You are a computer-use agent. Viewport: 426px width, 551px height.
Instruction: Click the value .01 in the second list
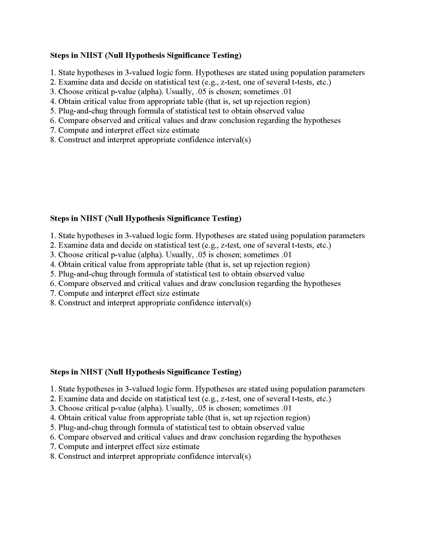(286, 255)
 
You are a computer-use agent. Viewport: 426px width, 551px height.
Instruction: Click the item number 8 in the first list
(52, 140)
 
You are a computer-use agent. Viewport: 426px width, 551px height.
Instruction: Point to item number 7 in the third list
(52, 447)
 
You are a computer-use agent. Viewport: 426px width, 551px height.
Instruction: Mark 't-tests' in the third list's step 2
(303, 399)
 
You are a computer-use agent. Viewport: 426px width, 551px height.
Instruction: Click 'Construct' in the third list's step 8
(74, 456)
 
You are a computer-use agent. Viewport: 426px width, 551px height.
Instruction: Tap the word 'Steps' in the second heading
(60, 218)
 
